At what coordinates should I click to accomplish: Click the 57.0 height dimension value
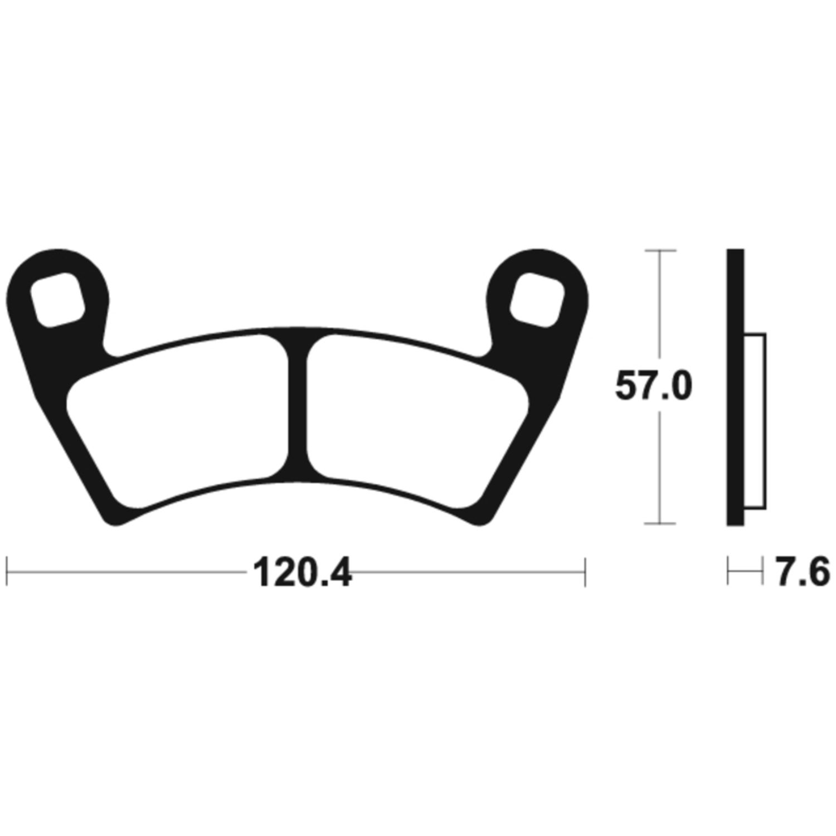653,386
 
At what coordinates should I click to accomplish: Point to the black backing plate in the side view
735,387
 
